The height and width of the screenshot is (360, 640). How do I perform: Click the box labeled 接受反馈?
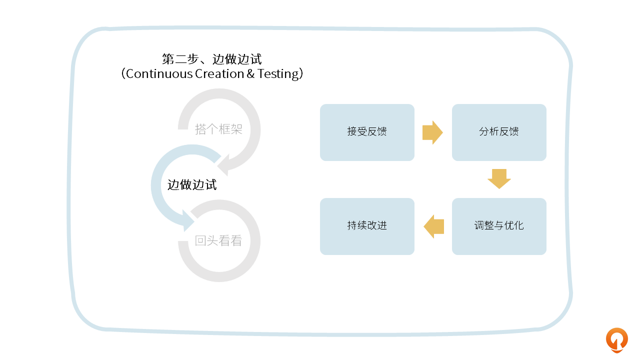coord(367,132)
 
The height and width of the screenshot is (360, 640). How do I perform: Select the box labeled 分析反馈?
coord(499,132)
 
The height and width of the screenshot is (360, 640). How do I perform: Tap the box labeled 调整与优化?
coord(499,226)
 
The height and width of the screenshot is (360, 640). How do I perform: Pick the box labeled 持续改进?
coord(367,226)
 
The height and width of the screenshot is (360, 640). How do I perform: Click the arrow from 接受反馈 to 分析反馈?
coord(432,132)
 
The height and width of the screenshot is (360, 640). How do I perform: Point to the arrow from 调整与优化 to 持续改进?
coord(434,226)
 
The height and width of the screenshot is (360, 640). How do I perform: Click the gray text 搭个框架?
coord(218,129)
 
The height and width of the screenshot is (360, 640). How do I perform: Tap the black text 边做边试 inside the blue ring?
coord(192,185)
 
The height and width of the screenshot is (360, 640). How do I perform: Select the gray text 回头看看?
coord(218,241)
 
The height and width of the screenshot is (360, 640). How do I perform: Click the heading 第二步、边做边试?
coord(212,59)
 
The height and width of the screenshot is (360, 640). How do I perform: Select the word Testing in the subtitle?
coord(277,74)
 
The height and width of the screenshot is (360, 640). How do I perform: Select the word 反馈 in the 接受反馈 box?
coord(377,132)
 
